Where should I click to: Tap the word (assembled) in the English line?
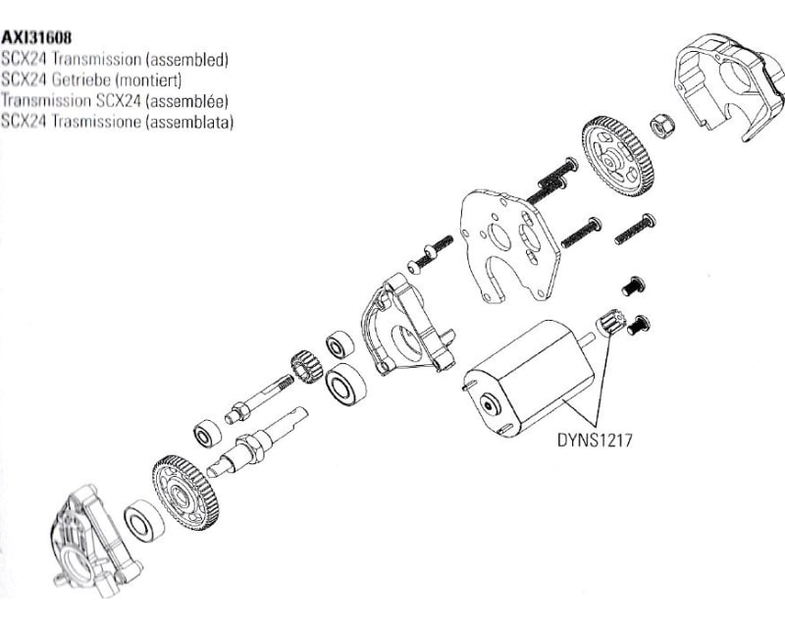(186, 59)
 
